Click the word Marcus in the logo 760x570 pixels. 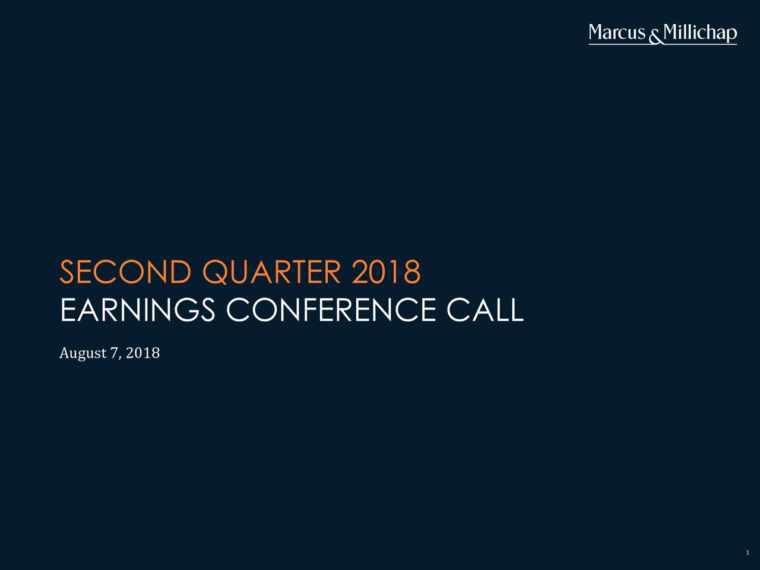tap(617, 32)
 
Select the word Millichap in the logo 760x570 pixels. tap(700, 33)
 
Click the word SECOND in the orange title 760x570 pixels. tap(125, 272)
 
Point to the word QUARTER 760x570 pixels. tap(271, 272)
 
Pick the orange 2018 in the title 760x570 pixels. tap(387, 272)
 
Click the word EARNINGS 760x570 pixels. tap(138, 310)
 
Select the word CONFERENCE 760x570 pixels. tap(331, 310)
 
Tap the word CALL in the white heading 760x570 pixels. tap(485, 310)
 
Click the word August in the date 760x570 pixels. tap(83, 353)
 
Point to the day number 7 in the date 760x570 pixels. tap(114, 353)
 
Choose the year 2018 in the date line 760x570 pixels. tap(142, 353)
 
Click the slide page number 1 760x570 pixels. tap(748, 553)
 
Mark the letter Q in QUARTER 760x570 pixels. tap(215, 273)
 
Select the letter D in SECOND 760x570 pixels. tap(180, 272)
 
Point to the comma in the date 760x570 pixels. tap(120, 358)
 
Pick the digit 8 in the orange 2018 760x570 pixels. tap(412, 272)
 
